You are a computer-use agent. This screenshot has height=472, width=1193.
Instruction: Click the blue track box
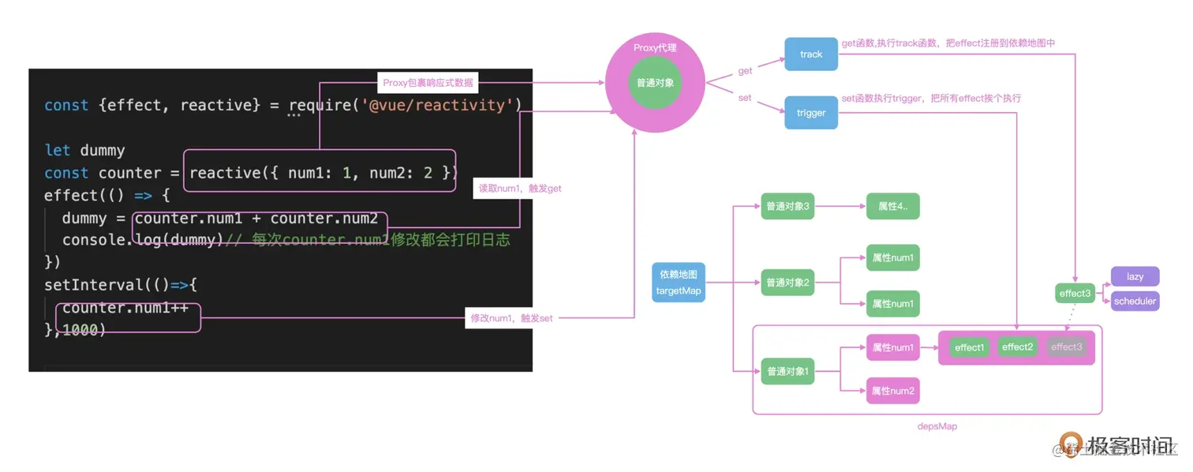tap(810, 54)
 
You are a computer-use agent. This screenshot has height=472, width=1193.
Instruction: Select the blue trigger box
tap(810, 113)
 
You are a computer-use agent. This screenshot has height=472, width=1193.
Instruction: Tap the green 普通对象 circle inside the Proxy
tap(655, 83)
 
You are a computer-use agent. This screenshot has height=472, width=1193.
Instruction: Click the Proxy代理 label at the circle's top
tap(655, 48)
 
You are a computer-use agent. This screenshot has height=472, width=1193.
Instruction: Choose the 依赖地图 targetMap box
tap(679, 283)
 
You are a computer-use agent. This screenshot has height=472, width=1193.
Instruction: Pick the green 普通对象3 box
tap(787, 207)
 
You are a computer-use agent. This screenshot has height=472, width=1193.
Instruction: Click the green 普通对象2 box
tap(787, 283)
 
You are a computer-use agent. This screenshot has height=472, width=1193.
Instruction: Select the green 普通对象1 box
tap(787, 372)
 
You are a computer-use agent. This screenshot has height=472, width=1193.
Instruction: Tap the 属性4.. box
tap(892, 207)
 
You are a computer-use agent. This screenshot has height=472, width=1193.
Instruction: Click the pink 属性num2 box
tap(892, 391)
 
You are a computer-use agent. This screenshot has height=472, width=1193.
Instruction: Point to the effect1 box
tap(969, 347)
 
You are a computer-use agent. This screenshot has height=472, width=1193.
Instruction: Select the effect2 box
tap(1017, 347)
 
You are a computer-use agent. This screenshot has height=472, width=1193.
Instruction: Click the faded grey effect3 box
tap(1066, 347)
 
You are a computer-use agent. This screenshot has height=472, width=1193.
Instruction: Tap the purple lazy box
tap(1135, 276)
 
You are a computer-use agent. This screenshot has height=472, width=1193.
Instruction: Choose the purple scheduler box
tap(1135, 301)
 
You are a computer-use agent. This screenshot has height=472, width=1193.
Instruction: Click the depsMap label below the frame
tap(937, 426)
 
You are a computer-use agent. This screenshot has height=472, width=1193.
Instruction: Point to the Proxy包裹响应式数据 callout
tap(428, 82)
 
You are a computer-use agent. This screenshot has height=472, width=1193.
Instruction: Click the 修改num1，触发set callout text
tap(511, 318)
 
